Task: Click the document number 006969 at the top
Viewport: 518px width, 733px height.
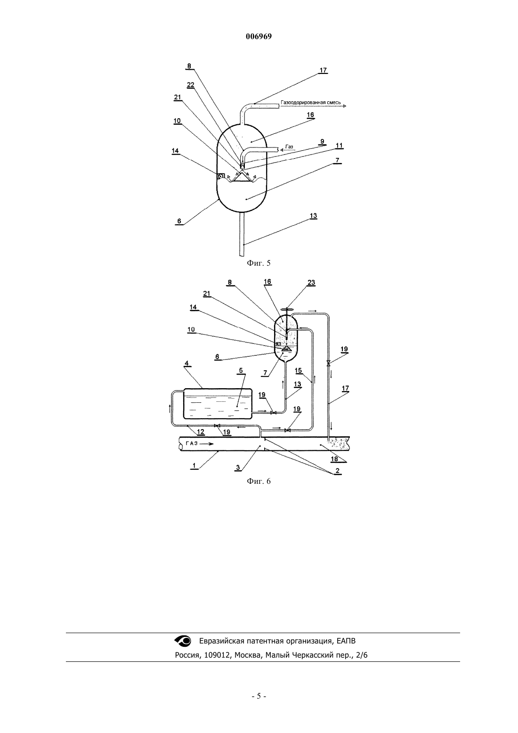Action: (x=259, y=36)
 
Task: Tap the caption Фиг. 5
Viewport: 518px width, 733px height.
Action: (x=259, y=263)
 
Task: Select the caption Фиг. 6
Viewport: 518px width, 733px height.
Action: (x=259, y=481)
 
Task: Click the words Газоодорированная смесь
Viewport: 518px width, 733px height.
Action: (x=311, y=103)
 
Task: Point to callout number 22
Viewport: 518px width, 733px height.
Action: (x=191, y=85)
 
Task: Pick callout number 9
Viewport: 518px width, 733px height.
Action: (x=322, y=141)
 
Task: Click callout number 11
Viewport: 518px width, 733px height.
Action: (x=339, y=145)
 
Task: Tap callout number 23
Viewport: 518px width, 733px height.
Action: (x=311, y=282)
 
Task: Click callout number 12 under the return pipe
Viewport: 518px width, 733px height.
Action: (x=201, y=432)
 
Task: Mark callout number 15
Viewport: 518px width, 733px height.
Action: (x=298, y=370)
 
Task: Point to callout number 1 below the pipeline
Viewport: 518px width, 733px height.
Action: (x=194, y=465)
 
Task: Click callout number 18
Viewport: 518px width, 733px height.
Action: (x=334, y=459)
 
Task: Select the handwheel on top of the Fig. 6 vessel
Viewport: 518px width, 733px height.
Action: (x=287, y=309)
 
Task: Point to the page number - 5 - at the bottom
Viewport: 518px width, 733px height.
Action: (x=259, y=696)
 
